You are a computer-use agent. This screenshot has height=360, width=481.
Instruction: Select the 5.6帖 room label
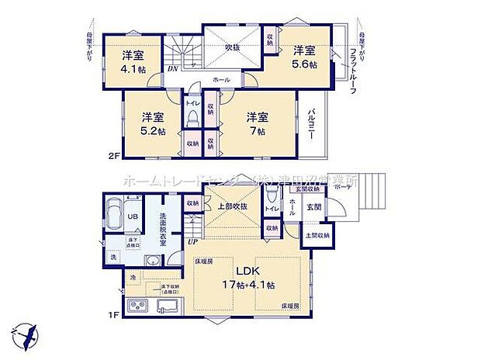click(304, 57)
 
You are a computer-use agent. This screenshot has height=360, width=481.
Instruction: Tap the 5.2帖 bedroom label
click(152, 123)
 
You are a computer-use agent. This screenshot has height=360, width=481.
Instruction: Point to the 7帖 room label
click(258, 123)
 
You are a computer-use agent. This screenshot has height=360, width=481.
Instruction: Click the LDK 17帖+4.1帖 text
click(247, 278)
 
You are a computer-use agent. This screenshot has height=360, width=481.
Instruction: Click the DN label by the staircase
click(171, 68)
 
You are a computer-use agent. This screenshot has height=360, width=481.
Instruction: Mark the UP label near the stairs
click(191, 243)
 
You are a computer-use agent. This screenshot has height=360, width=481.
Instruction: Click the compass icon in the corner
click(26, 336)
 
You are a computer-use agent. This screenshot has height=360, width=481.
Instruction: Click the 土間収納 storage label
click(317, 235)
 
